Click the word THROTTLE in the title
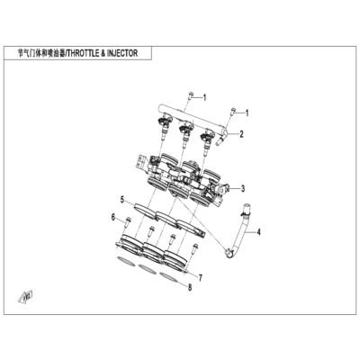[82, 53]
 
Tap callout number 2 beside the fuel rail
[241, 134]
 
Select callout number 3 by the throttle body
[243, 189]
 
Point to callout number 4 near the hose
[258, 232]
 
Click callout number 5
[122, 200]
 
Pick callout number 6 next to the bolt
[113, 217]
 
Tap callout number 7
[200, 278]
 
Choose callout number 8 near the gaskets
[190, 288]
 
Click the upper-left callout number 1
[204, 97]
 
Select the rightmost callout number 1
[247, 113]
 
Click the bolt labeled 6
[128, 222]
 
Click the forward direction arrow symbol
[26, 296]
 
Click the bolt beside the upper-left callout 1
[190, 96]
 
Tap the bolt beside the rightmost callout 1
[232, 112]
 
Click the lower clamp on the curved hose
[229, 253]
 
